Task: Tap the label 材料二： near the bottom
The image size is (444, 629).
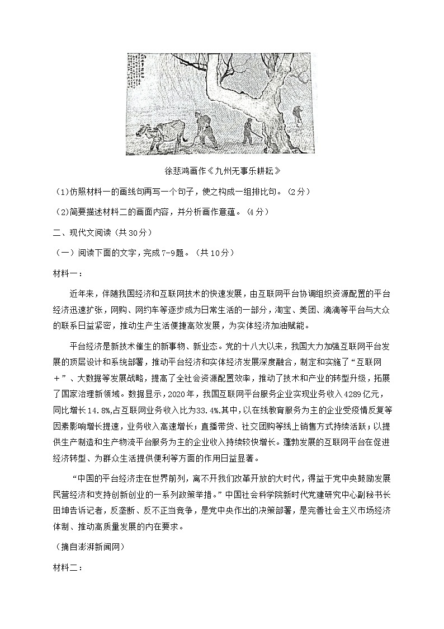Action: tap(67, 568)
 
